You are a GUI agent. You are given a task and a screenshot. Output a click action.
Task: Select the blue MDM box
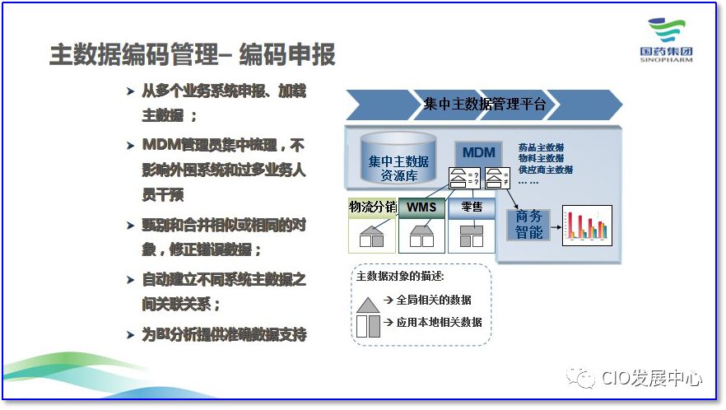click(x=478, y=152)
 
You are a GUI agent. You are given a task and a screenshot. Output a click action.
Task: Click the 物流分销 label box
click(x=371, y=207)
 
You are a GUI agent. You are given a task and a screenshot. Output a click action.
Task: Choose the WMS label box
click(x=421, y=207)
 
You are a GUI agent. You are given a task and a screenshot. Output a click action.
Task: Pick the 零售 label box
click(x=472, y=207)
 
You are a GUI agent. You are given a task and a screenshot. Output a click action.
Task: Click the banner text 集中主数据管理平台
click(x=484, y=105)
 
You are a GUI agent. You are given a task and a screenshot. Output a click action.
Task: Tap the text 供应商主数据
click(x=545, y=170)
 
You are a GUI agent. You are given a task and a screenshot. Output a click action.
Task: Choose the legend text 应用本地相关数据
click(x=439, y=322)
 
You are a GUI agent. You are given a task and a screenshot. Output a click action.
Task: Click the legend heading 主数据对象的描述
click(x=400, y=277)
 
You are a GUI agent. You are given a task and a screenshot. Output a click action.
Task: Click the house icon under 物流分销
click(x=371, y=236)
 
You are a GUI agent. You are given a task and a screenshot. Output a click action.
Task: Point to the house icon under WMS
click(x=421, y=236)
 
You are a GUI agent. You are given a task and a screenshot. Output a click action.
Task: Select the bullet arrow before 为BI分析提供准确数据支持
click(x=130, y=335)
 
